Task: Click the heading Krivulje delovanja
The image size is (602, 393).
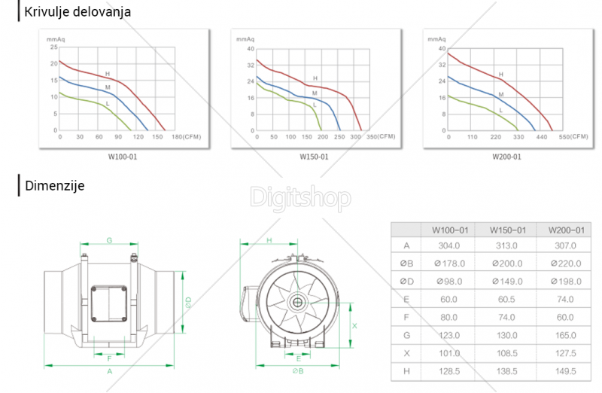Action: click(x=78, y=12)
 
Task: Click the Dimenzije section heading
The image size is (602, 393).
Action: click(x=54, y=186)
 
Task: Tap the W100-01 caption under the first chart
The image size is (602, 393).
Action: click(x=123, y=157)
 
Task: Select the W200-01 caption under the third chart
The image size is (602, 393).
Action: click(x=506, y=157)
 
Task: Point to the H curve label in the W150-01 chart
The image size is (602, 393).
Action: click(x=315, y=78)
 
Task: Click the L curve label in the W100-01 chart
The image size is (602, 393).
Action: click(x=108, y=104)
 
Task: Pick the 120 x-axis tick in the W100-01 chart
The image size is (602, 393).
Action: click(x=138, y=137)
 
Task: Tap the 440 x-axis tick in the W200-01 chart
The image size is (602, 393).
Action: click(x=541, y=137)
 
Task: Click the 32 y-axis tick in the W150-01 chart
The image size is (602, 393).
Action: click(x=251, y=65)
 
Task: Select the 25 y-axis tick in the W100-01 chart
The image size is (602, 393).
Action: click(x=53, y=47)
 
